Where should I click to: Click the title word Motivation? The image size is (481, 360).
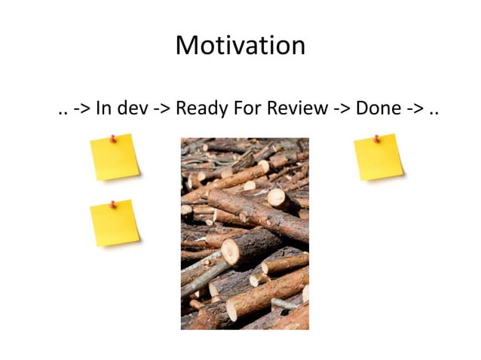click(x=240, y=46)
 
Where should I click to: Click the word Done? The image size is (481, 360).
click(x=378, y=108)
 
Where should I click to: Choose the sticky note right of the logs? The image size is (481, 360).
click(x=378, y=157)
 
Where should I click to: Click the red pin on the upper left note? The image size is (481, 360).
click(x=112, y=138)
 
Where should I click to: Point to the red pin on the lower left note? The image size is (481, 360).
click(x=112, y=204)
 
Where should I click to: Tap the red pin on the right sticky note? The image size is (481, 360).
click(x=376, y=139)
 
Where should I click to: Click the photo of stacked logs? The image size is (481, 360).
click(x=244, y=233)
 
